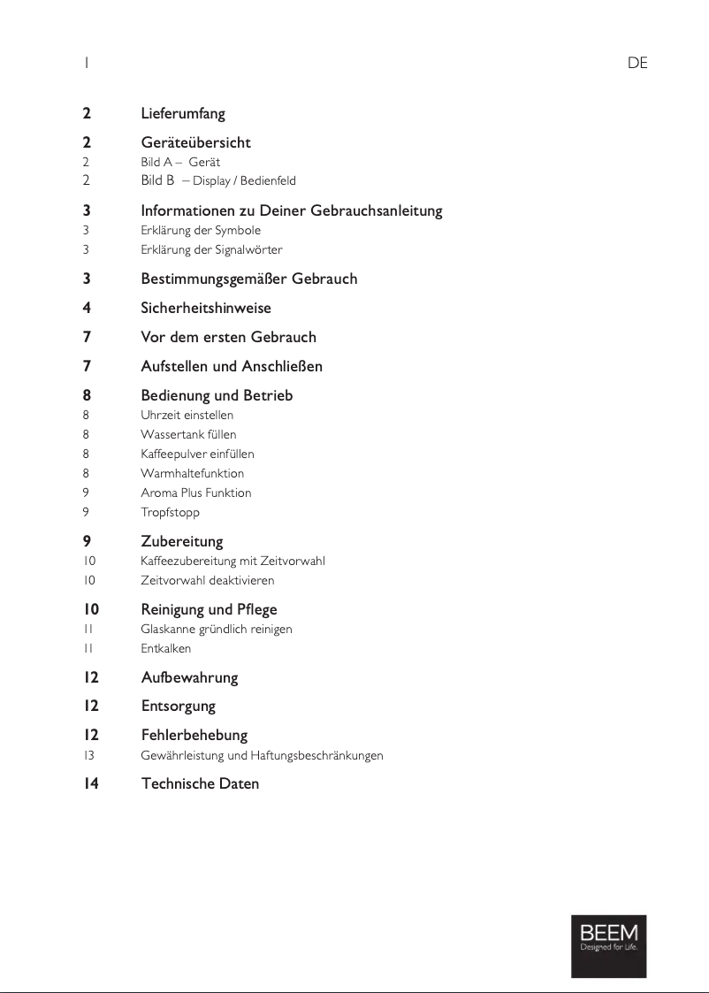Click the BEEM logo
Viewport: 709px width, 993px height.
click(608, 945)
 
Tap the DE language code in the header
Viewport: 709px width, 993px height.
click(637, 63)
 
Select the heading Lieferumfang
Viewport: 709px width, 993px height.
click(183, 114)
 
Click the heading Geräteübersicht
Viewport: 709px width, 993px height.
click(195, 142)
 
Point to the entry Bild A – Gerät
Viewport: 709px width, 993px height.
click(180, 163)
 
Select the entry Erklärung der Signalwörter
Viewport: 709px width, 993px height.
click(211, 250)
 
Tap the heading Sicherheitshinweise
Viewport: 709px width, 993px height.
click(206, 309)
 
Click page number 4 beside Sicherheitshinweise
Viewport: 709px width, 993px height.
click(87, 309)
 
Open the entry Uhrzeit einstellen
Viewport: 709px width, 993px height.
click(187, 416)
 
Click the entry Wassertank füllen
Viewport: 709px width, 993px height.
click(188, 435)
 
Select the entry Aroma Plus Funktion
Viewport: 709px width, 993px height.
click(195, 493)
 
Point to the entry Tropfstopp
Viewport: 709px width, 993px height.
click(170, 513)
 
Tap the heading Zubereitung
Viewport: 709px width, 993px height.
click(182, 541)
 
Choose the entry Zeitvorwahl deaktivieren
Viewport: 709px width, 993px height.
click(207, 581)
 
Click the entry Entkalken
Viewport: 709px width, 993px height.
click(165, 649)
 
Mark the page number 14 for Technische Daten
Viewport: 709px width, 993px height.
click(91, 784)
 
